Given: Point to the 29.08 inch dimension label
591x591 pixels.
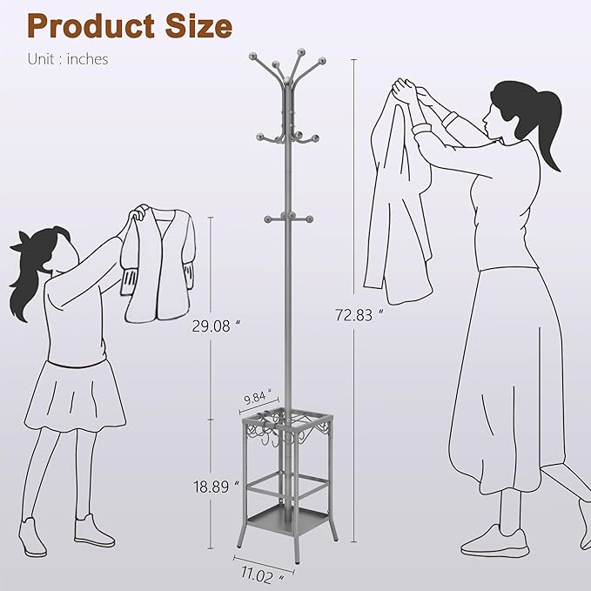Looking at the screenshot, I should pyautogui.click(x=212, y=327).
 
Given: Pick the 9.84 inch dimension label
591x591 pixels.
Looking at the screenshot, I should pyautogui.click(x=258, y=399).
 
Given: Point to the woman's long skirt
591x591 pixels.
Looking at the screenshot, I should pyautogui.click(x=505, y=383).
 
